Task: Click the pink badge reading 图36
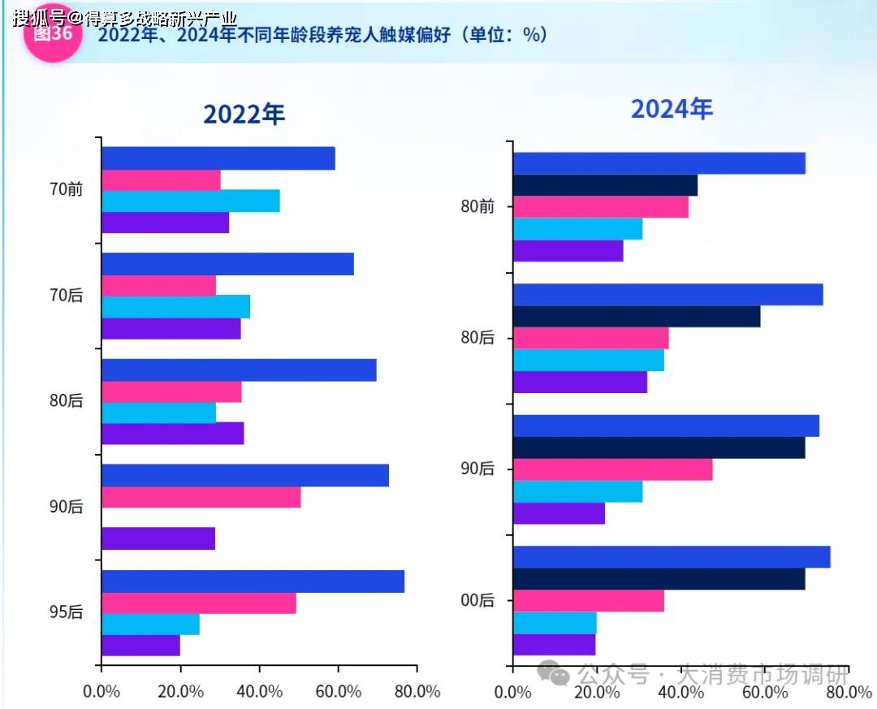coord(53,34)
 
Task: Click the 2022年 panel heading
coord(244,115)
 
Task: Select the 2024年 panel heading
coord(672,109)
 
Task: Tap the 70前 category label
coord(66,189)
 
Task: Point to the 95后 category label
coord(66,612)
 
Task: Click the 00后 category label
coord(477,600)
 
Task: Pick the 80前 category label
coord(477,206)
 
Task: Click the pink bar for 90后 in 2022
coord(201,497)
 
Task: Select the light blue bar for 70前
coord(191,201)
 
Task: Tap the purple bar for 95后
coord(141,645)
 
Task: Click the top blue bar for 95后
coord(253,581)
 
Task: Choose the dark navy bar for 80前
coord(605,185)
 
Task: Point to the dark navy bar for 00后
coord(659,578)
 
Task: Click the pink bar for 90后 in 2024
coord(613,469)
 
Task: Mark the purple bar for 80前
coord(568,251)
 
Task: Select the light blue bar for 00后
coord(555,623)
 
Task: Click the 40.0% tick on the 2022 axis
coord(259,692)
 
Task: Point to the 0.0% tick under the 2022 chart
coord(102,692)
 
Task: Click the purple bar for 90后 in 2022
coord(158,538)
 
